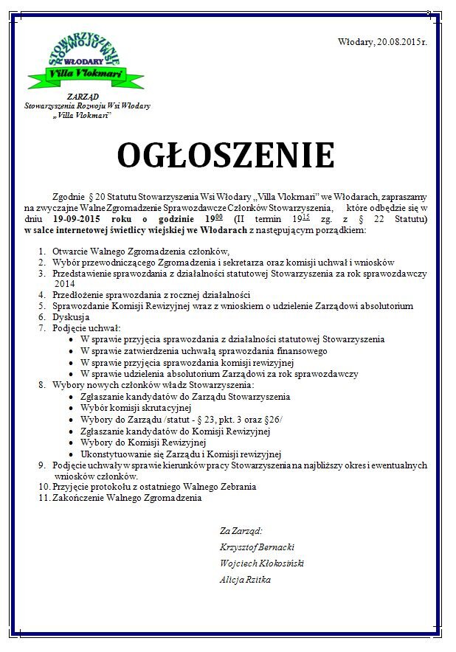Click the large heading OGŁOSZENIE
[226, 156]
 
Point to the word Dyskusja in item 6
[72, 316]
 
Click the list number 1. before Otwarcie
[41, 251]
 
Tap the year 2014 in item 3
[66, 283]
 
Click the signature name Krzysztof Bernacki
[257, 547]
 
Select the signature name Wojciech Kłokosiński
[261, 563]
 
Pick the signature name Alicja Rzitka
[245, 579]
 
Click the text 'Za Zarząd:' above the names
[241, 530]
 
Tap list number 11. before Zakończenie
[43, 498]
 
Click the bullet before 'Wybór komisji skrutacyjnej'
[70, 408]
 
